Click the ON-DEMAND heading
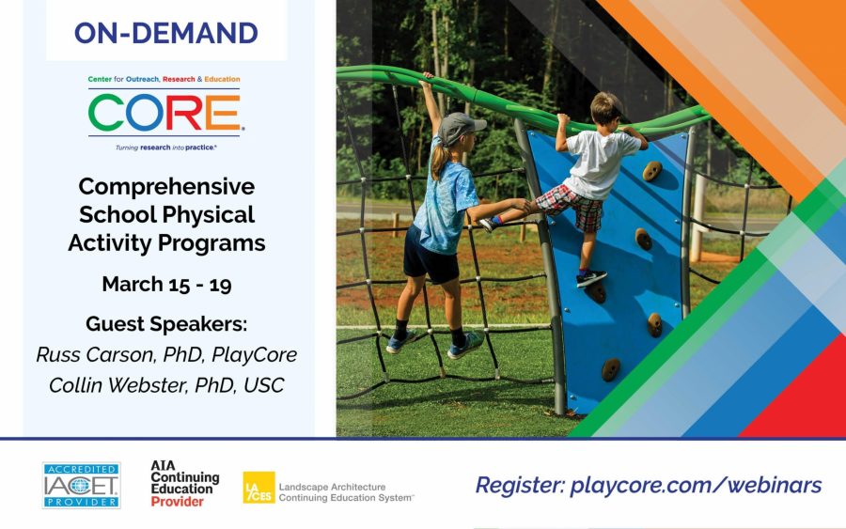click(x=166, y=34)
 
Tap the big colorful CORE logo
click(x=164, y=113)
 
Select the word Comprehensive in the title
click(x=166, y=187)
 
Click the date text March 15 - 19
click(x=166, y=284)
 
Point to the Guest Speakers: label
click(x=166, y=324)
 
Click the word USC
click(x=264, y=385)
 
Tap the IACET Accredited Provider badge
click(x=82, y=486)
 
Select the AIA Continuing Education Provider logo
click(x=184, y=484)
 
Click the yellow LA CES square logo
click(x=259, y=488)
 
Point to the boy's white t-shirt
click(x=600, y=163)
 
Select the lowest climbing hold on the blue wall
click(x=611, y=369)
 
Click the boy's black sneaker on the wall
click(x=591, y=278)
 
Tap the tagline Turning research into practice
click(x=166, y=148)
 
